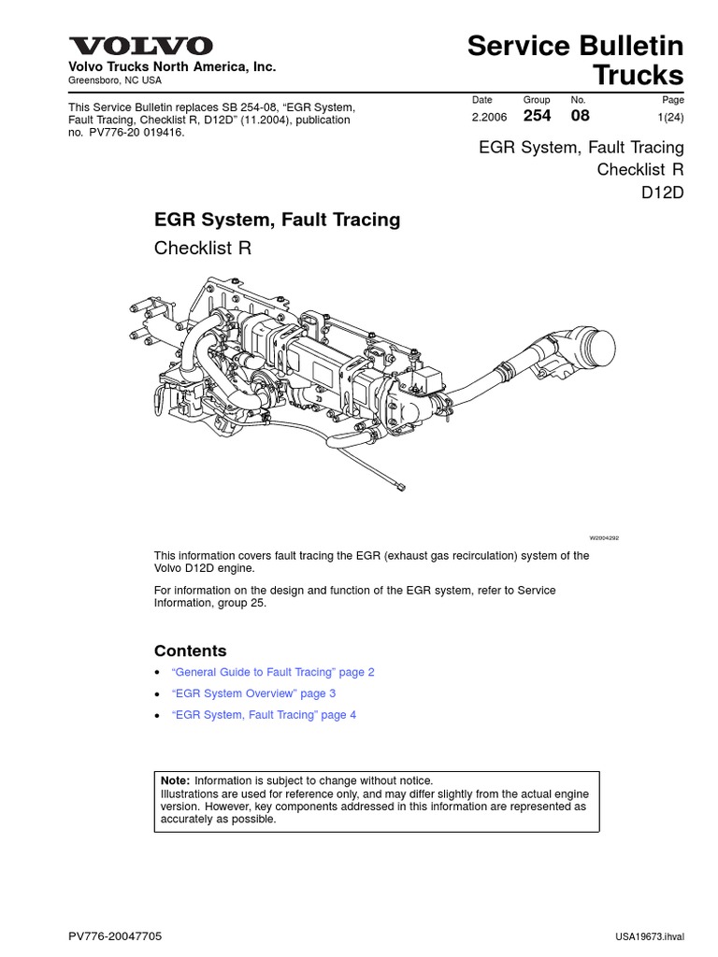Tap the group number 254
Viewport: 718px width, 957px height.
point(538,116)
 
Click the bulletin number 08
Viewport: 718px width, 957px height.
point(580,116)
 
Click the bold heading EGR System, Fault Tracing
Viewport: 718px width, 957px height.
point(277,220)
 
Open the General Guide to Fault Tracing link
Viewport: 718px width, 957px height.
point(273,672)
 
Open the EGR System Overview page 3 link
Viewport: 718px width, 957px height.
point(253,693)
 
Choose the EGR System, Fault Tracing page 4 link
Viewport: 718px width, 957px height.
point(264,715)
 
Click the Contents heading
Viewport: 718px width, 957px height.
point(190,650)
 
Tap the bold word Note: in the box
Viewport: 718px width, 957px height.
point(176,780)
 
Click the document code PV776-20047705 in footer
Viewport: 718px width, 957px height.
point(122,936)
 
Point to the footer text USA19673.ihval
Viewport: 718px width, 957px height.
point(651,936)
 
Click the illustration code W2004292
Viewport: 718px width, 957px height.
point(604,539)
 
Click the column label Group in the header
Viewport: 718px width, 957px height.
point(537,99)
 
